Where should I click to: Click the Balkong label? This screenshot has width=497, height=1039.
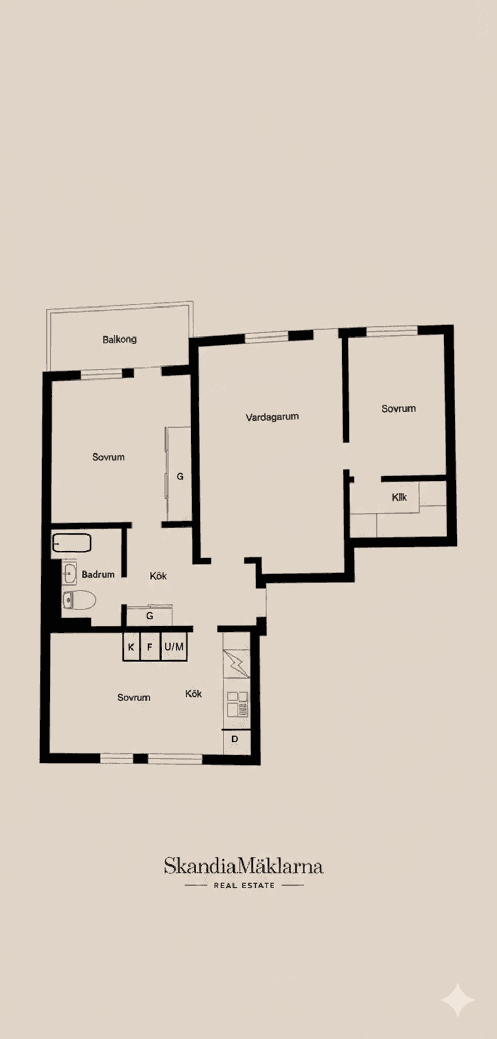click(119, 340)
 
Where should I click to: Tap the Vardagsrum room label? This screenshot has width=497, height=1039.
click(272, 417)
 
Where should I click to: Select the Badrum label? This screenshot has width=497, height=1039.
click(98, 574)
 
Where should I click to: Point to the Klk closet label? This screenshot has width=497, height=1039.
click(399, 497)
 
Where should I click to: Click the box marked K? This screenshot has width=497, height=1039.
click(131, 647)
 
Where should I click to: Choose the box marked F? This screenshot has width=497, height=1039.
click(150, 647)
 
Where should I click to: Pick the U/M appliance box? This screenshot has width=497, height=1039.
click(174, 647)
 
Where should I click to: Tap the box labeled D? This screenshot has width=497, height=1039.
click(235, 739)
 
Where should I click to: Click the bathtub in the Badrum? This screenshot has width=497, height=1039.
click(72, 543)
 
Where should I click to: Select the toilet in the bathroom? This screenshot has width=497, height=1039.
click(80, 600)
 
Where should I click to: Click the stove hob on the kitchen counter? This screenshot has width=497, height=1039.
click(238, 704)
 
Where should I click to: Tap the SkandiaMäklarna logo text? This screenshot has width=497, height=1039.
click(243, 866)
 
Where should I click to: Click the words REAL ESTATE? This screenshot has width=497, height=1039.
click(244, 885)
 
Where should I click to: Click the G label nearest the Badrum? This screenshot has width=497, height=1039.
click(150, 616)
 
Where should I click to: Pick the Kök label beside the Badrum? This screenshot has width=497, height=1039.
click(158, 576)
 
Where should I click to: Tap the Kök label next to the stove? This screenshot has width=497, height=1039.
click(194, 694)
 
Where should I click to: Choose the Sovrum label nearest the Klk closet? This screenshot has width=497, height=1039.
click(398, 408)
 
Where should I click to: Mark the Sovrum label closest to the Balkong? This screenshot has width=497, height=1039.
click(108, 457)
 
